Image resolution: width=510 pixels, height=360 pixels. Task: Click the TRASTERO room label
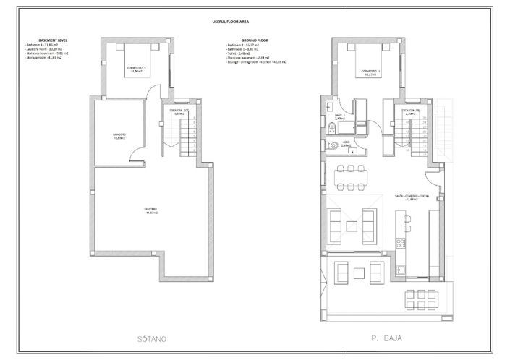pos(150,210)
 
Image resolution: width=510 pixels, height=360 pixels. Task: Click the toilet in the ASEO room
pos(331,145)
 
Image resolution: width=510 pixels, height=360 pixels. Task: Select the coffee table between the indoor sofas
pos(351,226)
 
